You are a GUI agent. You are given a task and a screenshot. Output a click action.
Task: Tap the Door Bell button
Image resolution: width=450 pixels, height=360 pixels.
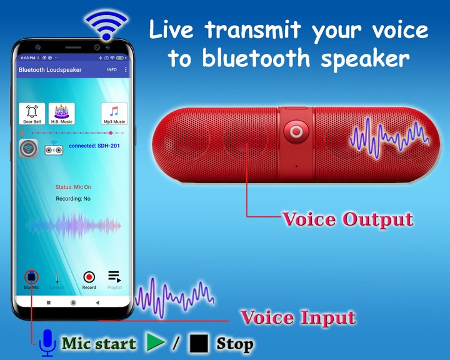32,114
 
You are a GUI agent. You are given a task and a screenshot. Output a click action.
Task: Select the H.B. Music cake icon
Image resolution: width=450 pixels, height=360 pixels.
61,113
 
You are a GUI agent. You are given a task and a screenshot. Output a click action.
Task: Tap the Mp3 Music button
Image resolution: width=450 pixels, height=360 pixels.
114,114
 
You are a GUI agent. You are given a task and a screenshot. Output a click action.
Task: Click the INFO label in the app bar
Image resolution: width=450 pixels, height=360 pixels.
112,70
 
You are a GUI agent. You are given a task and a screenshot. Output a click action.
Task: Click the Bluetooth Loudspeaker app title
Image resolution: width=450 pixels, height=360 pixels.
50,70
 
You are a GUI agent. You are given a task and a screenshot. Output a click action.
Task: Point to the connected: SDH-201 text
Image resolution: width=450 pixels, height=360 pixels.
94,146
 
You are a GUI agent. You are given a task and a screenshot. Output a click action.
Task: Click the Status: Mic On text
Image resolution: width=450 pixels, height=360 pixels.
73,187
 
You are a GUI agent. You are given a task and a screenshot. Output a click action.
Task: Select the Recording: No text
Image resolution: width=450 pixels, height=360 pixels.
73,199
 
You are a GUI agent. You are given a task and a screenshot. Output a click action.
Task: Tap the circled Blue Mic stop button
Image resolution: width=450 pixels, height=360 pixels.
31,277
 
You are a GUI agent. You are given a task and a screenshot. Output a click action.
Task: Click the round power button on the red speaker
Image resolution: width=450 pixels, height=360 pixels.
296,132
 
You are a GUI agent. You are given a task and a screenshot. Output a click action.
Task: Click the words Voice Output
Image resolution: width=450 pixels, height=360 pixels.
347,219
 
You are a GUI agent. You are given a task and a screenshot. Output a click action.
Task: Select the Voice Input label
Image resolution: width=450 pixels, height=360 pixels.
298,317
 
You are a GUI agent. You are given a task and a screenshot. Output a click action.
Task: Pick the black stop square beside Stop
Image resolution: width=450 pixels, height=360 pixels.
199,343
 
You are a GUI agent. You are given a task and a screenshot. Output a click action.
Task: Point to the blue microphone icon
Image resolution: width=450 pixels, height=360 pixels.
47,343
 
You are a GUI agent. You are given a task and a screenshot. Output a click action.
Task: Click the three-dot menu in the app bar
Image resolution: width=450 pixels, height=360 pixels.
126,70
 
